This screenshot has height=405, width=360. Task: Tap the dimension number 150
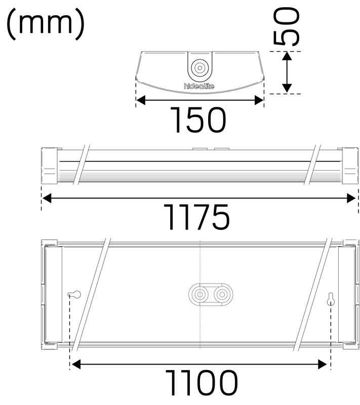point(198,120)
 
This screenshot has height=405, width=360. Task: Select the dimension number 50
point(287,26)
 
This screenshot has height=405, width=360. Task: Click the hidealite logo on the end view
point(199,86)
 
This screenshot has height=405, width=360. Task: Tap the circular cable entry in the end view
point(199,68)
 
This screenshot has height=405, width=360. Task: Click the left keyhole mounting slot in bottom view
point(74,294)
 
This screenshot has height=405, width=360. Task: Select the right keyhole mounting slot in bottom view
point(331,299)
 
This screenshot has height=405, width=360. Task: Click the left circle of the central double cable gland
point(199,294)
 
